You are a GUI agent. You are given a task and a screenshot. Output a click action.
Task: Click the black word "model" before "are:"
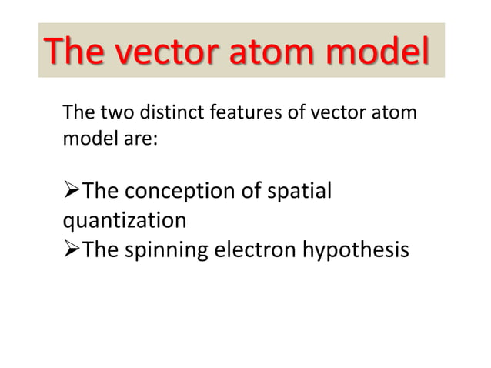[x=87, y=140]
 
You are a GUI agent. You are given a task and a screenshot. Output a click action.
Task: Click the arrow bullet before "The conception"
[x=70, y=190]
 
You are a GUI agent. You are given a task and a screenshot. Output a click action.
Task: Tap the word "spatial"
[x=301, y=190]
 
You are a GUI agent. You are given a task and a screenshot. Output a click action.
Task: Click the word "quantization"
[x=124, y=221]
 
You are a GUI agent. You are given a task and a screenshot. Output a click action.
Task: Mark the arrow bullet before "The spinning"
[x=70, y=251]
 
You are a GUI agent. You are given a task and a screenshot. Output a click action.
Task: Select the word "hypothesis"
[x=355, y=252]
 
